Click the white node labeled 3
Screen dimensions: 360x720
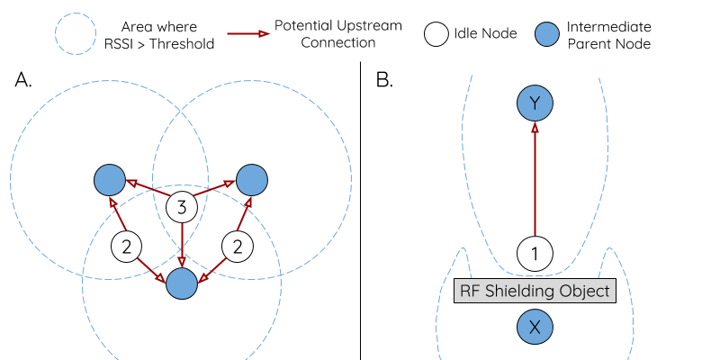182,208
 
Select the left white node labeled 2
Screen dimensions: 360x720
127,247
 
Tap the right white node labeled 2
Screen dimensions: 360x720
238,247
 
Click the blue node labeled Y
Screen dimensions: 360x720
535,104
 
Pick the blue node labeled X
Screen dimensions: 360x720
535,328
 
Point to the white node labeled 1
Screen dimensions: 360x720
535,254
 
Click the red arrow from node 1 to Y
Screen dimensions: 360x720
535,180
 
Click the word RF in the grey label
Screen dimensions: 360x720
470,291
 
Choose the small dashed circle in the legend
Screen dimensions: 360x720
76,34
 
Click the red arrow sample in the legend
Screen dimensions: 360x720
247,34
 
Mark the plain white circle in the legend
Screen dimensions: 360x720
436,34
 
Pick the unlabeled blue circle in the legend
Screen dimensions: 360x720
546,34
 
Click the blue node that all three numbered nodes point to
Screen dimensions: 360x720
182,284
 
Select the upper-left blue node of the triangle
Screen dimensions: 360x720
110,180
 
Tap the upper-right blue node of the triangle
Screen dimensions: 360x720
252,180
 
